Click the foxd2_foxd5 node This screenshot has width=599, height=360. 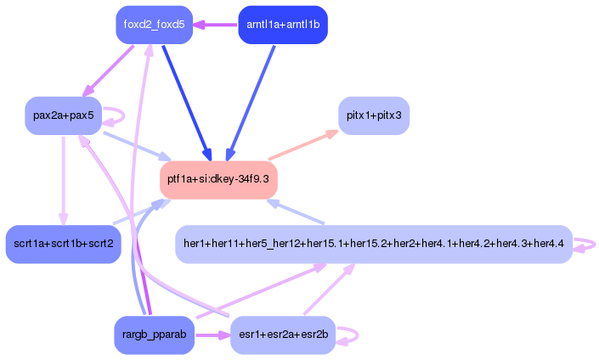pos(154,25)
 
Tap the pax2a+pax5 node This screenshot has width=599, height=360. pos(64,115)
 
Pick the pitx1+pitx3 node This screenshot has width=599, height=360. pos(374,115)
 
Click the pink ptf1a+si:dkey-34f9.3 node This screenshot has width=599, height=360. pos(219,179)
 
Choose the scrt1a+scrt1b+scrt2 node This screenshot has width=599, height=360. pos(64,244)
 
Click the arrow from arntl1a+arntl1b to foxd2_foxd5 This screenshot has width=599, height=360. pos(217,25)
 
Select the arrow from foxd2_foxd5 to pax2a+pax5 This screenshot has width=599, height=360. pos(109,70)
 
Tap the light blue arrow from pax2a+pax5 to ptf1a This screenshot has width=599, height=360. pos(136,145)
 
